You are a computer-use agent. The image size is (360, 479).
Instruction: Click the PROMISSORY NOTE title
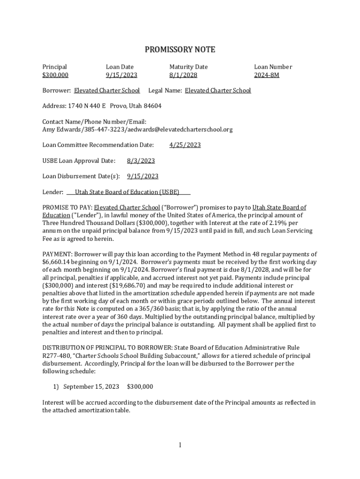pos(180,50)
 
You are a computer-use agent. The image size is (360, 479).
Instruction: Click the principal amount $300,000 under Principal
pos(55,75)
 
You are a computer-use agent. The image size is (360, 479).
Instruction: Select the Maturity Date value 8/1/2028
pos(183,75)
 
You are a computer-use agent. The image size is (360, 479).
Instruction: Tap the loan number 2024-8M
pos(266,75)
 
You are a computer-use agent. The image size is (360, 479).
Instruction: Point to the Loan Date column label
pos(120,67)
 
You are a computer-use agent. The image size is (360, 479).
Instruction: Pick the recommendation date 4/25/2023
pos(185,145)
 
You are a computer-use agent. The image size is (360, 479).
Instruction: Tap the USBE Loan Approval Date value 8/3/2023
pos(141,161)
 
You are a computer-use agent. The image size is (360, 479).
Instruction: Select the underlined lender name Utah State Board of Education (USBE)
pos(127,192)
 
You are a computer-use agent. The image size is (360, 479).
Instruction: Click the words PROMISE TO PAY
pos(67,207)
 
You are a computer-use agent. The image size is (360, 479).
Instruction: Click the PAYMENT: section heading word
pos(55,254)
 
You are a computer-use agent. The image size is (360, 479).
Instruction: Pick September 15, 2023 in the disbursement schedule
pos(91,387)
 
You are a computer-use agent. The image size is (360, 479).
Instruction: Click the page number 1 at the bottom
pos(180,445)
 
